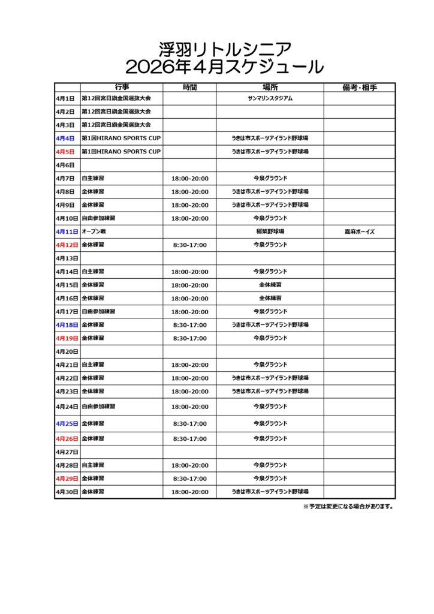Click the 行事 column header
122,88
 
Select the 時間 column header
189,88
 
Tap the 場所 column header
270,88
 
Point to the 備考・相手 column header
359,88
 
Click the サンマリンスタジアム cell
270,98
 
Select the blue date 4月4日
65,139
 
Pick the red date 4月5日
65,152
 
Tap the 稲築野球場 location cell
270,231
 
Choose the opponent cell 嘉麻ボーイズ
359,231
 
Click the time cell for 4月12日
189,245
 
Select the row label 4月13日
67,258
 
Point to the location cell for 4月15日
270,285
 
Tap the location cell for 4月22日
270,378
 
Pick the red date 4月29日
67,478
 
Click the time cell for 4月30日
189,492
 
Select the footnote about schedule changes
349,507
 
